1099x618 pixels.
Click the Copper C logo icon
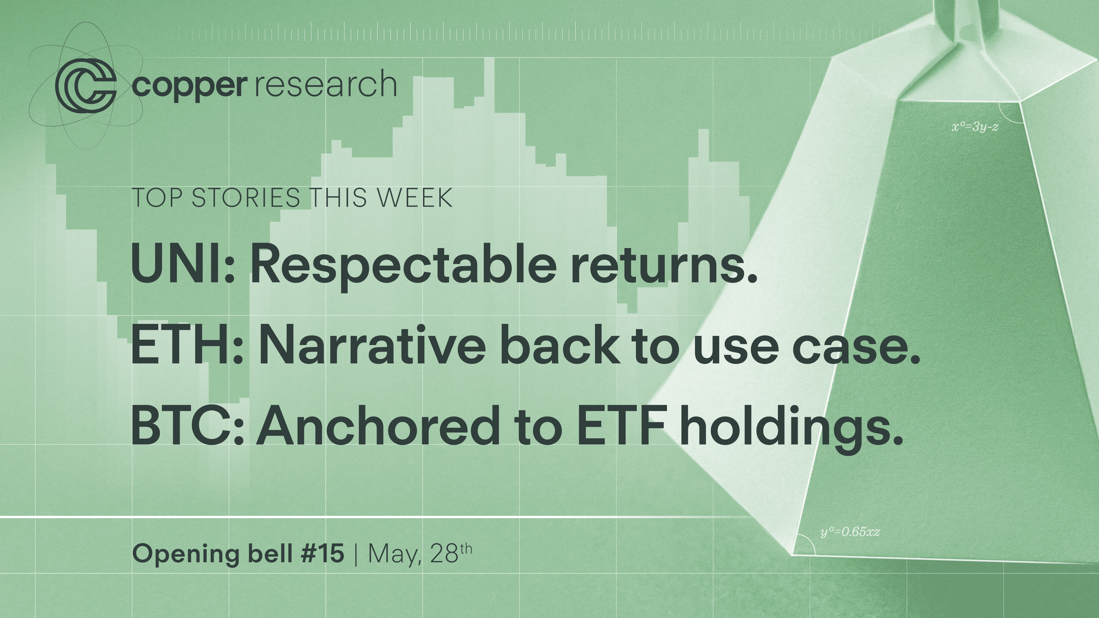click(85, 87)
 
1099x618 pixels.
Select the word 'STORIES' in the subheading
click(246, 198)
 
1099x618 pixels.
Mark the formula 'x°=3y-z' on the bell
click(975, 127)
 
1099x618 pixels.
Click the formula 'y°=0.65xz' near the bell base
click(850, 532)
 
